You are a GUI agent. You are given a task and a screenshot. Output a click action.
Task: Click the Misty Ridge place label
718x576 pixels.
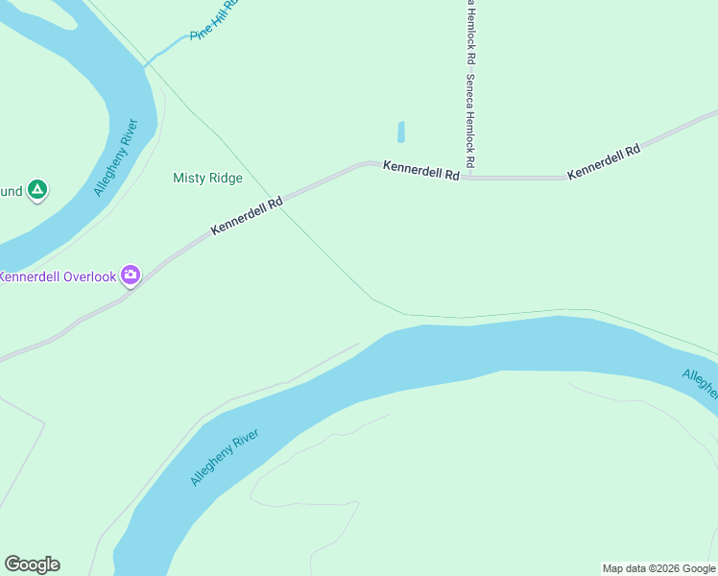point(207,178)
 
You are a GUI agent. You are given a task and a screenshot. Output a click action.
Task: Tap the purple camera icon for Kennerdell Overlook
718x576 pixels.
point(131,276)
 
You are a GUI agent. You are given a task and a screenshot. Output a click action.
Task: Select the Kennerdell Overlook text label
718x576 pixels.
point(58,276)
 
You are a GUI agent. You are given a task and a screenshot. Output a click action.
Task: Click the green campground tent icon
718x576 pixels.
point(36,190)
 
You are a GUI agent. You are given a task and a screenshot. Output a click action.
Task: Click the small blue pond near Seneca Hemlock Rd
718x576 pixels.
point(400,132)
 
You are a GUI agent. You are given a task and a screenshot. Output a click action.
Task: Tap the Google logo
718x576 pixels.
point(32,564)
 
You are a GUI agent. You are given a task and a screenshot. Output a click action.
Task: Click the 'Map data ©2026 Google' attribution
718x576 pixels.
point(659,568)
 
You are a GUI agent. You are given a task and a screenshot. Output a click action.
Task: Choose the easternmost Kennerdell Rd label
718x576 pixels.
point(604,162)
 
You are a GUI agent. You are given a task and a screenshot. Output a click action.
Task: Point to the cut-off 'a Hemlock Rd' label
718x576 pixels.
point(471,29)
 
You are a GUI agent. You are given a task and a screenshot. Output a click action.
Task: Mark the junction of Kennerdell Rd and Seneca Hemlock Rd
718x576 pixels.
point(470,178)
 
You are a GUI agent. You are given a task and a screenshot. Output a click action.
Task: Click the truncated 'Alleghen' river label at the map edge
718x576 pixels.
point(700,382)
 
